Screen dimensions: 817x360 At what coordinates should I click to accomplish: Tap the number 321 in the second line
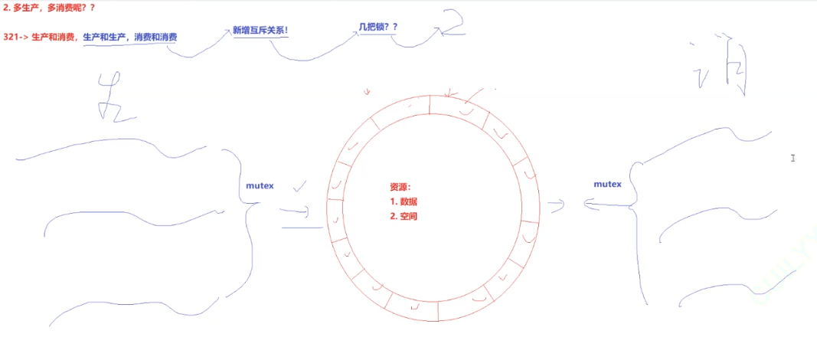click(x=11, y=37)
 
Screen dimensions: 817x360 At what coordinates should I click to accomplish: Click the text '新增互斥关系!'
click(x=260, y=31)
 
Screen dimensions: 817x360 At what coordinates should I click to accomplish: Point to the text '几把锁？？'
click(x=378, y=27)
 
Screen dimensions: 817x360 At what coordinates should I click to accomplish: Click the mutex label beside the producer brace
click(x=260, y=185)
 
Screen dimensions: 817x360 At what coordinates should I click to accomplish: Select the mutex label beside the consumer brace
click(x=607, y=184)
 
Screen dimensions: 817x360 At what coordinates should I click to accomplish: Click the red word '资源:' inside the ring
click(x=400, y=187)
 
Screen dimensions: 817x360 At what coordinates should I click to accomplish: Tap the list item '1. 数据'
click(x=404, y=201)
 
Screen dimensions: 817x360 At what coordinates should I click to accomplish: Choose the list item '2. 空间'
click(x=404, y=216)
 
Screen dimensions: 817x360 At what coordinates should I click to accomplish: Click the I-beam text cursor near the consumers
click(x=793, y=158)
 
